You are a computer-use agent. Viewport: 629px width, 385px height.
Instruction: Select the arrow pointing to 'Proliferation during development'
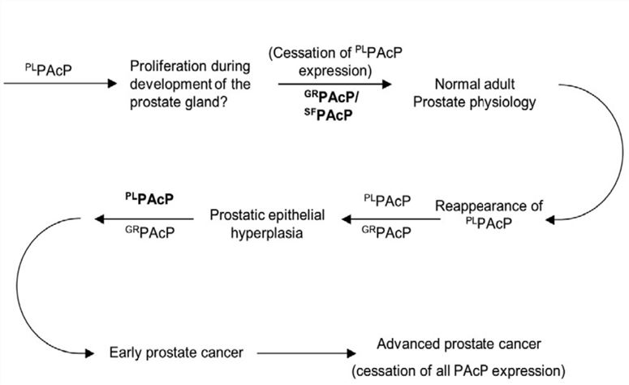(x=61, y=83)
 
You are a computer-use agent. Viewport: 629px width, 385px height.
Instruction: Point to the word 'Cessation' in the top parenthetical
(x=304, y=52)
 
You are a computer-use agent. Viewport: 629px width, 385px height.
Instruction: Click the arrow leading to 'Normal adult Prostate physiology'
(x=334, y=83)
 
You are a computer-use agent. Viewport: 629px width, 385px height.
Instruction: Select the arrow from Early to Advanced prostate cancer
(x=300, y=353)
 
